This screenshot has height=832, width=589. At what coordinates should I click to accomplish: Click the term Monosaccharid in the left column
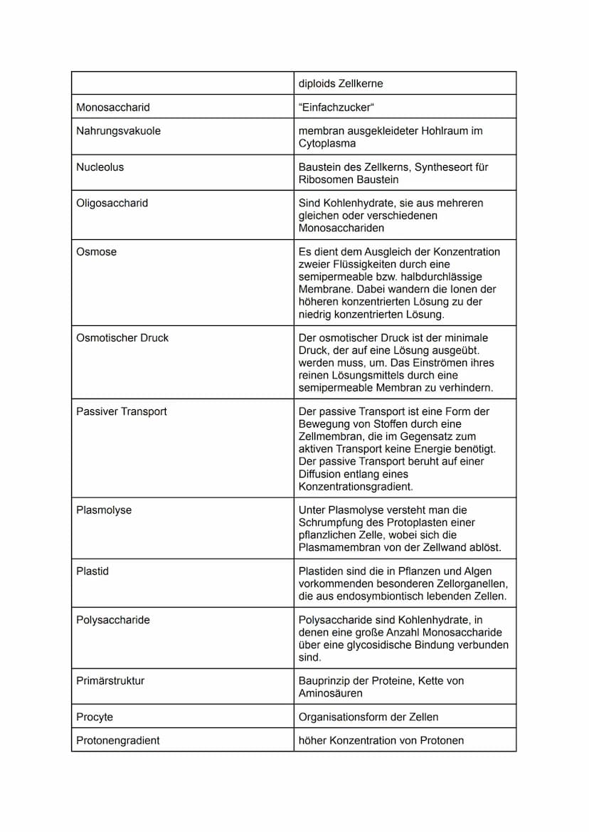coord(113,107)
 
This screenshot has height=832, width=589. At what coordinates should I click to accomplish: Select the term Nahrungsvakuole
coord(118,131)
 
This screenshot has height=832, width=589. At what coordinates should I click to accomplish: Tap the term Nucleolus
coord(100,167)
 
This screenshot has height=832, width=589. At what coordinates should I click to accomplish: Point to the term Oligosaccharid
coord(112,204)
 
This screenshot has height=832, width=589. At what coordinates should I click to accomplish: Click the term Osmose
coord(96,252)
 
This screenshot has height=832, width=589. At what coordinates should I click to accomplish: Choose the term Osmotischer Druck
coord(122,338)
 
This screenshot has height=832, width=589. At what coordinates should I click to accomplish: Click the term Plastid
coord(92,572)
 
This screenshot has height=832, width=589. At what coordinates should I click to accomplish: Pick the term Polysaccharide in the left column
coord(113,620)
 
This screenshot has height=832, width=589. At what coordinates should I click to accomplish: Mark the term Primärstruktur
coord(110,681)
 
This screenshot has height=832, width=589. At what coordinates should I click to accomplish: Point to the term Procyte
coord(95,717)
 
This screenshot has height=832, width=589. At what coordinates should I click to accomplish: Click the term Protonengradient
coord(117,740)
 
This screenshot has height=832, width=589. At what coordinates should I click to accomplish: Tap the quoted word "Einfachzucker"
coord(336,107)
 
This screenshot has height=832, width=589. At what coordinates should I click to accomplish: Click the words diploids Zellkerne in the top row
coord(341,84)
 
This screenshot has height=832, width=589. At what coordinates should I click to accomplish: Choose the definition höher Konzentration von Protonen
coord(381,740)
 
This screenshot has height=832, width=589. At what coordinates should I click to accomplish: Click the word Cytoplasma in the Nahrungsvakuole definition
coord(327,144)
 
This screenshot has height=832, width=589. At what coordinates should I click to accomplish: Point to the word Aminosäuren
coord(330,693)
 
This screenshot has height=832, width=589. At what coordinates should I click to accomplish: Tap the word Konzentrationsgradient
coord(356,487)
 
